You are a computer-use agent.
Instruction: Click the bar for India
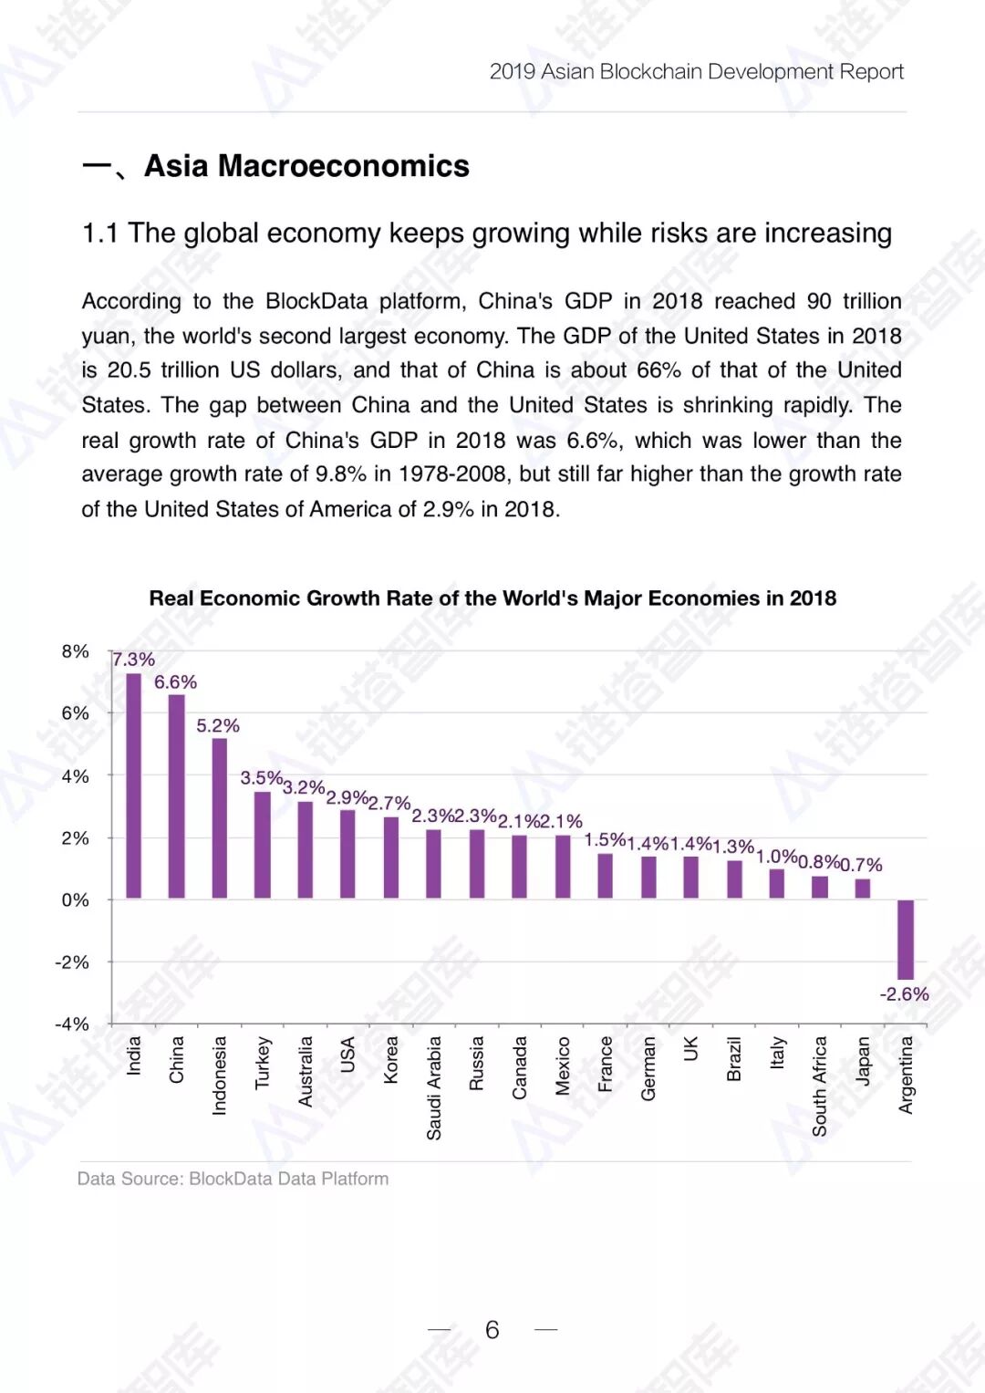pos(133,785)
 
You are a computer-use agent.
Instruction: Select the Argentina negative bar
pos(906,940)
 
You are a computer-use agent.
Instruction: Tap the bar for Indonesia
pos(220,818)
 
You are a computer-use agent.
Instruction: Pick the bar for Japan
pos(863,889)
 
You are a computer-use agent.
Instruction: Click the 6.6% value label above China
pos(175,682)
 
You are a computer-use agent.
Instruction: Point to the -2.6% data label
pos(904,994)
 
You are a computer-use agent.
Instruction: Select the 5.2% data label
pos(218,726)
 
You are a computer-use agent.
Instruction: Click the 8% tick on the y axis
pos(76,651)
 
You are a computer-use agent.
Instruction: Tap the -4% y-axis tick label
pos(72,1024)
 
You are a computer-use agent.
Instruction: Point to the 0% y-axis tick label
pos(76,900)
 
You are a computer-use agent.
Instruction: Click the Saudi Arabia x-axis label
pos(434,1087)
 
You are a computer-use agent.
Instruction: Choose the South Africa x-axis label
pos(820,1086)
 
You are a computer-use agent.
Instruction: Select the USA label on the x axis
pos(347,1055)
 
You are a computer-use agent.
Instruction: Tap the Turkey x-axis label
pos(263,1063)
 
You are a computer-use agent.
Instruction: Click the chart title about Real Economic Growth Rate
pos(493,598)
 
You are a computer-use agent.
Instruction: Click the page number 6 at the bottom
pos(493,1330)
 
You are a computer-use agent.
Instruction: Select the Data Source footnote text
pos(233,1179)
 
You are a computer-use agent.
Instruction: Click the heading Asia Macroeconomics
pos(306,166)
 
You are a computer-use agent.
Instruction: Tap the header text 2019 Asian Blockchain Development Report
pos(696,72)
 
